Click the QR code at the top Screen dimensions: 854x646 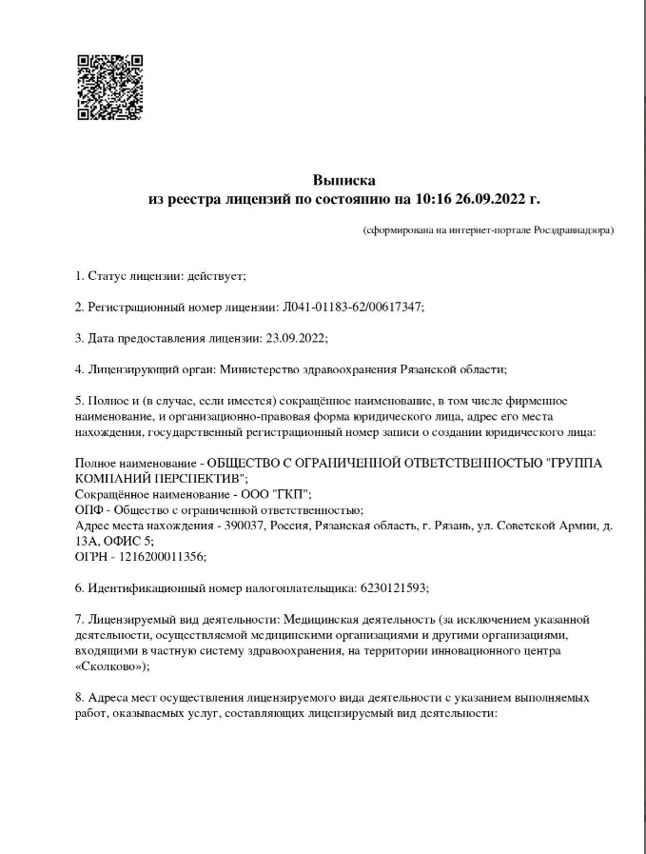pos(109,87)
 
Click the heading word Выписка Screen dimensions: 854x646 pos(343,179)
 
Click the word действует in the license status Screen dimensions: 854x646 pos(216,276)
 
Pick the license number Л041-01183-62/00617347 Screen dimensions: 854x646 pos(352,307)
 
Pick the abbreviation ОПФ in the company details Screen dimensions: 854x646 pos(88,509)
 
